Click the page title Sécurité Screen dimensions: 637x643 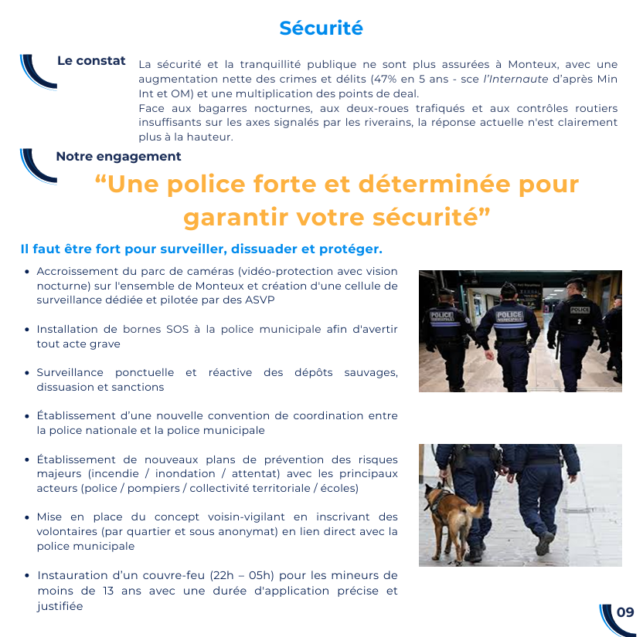coord(321,28)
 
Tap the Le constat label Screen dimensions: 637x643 coord(91,60)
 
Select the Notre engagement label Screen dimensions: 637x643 coord(118,156)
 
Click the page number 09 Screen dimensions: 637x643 coord(625,612)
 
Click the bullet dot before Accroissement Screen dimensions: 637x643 coord(27,272)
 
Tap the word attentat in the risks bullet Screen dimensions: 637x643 coord(259,473)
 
